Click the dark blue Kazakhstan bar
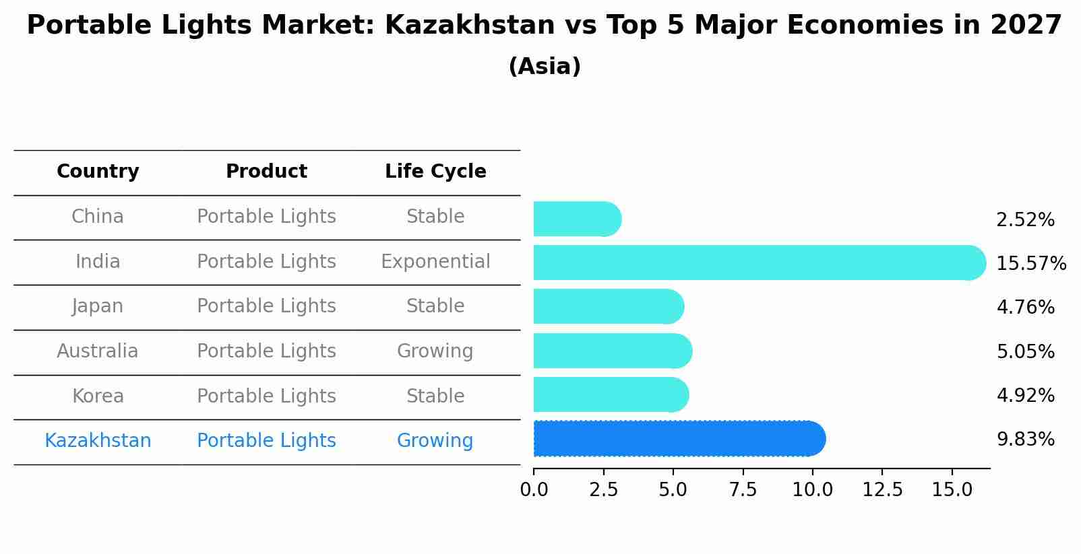(x=677, y=439)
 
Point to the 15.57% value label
(x=1030, y=264)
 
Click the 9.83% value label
(x=1025, y=440)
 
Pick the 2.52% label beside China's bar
(x=1025, y=220)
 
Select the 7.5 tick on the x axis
(x=743, y=490)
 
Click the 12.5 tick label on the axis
(x=882, y=490)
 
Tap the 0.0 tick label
(x=534, y=490)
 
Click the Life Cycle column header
(x=435, y=172)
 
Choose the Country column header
(x=98, y=172)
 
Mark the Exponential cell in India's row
(x=435, y=262)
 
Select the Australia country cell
(x=98, y=351)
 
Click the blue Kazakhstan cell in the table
(x=98, y=441)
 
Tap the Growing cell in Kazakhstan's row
(x=435, y=441)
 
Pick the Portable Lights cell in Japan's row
(x=266, y=306)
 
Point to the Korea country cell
(x=98, y=396)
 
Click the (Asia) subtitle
(x=545, y=67)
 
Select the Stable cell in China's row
(x=435, y=217)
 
